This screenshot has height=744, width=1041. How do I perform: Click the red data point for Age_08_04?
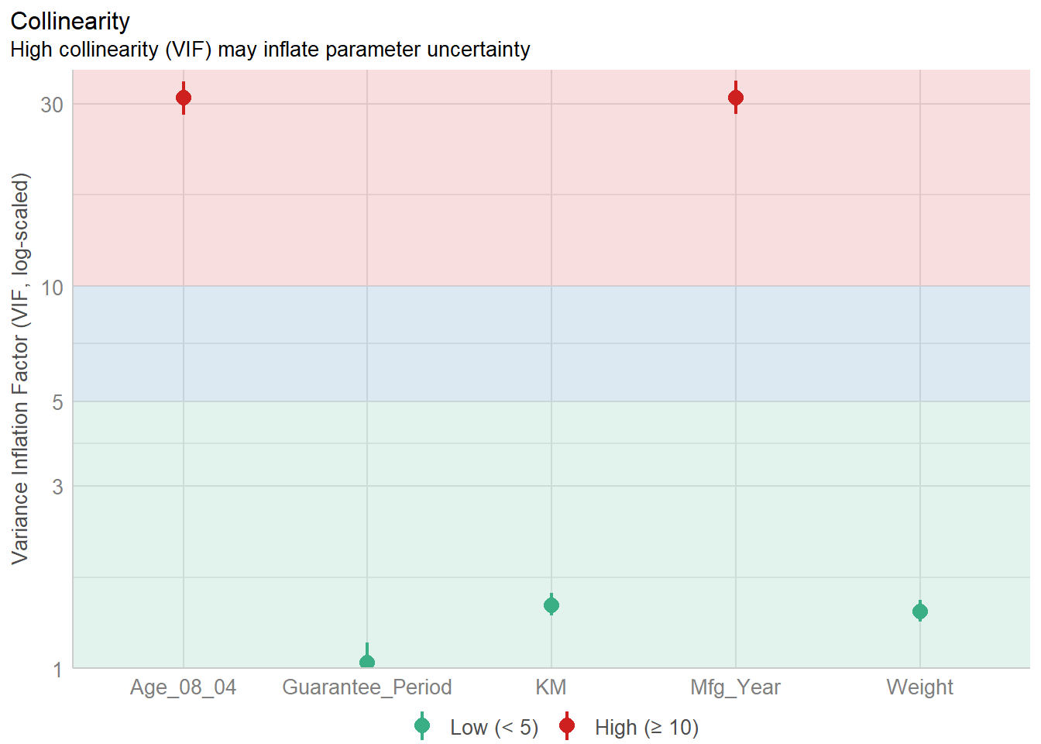pos(184,98)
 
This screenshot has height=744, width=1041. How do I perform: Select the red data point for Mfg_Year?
pos(736,98)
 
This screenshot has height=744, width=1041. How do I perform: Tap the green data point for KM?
pos(551,605)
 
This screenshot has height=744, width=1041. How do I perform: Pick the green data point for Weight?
pos(920,611)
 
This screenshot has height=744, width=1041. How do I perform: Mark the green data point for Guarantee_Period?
pos(367,663)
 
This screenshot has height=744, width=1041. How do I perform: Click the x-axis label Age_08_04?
pos(183,687)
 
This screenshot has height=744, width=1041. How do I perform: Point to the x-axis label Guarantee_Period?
pos(367,687)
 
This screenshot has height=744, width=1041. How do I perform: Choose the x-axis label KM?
pos(551,687)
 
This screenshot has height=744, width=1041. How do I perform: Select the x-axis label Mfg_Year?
pos(736,687)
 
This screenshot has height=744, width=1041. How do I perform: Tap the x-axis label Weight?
pos(920,687)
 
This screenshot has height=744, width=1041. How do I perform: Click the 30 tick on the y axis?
pos(52,105)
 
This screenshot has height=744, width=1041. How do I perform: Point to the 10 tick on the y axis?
pos(52,288)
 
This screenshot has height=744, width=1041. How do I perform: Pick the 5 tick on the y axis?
pos(57,402)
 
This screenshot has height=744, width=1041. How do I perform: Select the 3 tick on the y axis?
pos(57,487)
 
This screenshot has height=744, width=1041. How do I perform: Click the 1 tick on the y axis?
pos(57,669)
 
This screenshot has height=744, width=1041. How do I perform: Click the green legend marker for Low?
pos(422,726)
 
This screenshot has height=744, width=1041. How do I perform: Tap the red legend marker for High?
pos(567,726)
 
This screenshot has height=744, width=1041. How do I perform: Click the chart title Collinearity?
pos(70,21)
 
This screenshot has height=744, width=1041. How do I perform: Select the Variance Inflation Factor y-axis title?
pos(20,368)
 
